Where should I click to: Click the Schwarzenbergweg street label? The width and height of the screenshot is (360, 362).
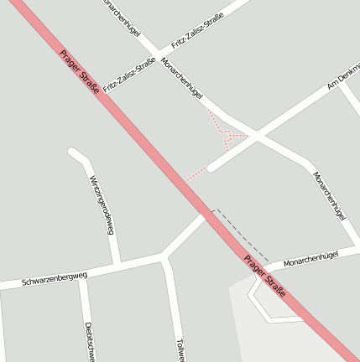coord(55,277)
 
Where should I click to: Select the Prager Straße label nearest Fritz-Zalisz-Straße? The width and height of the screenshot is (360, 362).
coord(80,72)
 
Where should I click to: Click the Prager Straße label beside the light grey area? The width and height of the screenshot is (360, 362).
coord(264,276)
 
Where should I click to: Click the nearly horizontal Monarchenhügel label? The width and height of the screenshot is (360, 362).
coord(310,258)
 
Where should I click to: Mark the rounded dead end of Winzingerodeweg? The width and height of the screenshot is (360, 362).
coord(73,153)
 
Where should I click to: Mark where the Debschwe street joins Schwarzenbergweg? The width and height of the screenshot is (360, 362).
coord(81,276)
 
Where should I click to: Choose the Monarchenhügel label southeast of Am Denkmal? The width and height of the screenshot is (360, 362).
coord(329,195)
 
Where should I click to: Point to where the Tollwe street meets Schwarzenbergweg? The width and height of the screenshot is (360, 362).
coord(164,257)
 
